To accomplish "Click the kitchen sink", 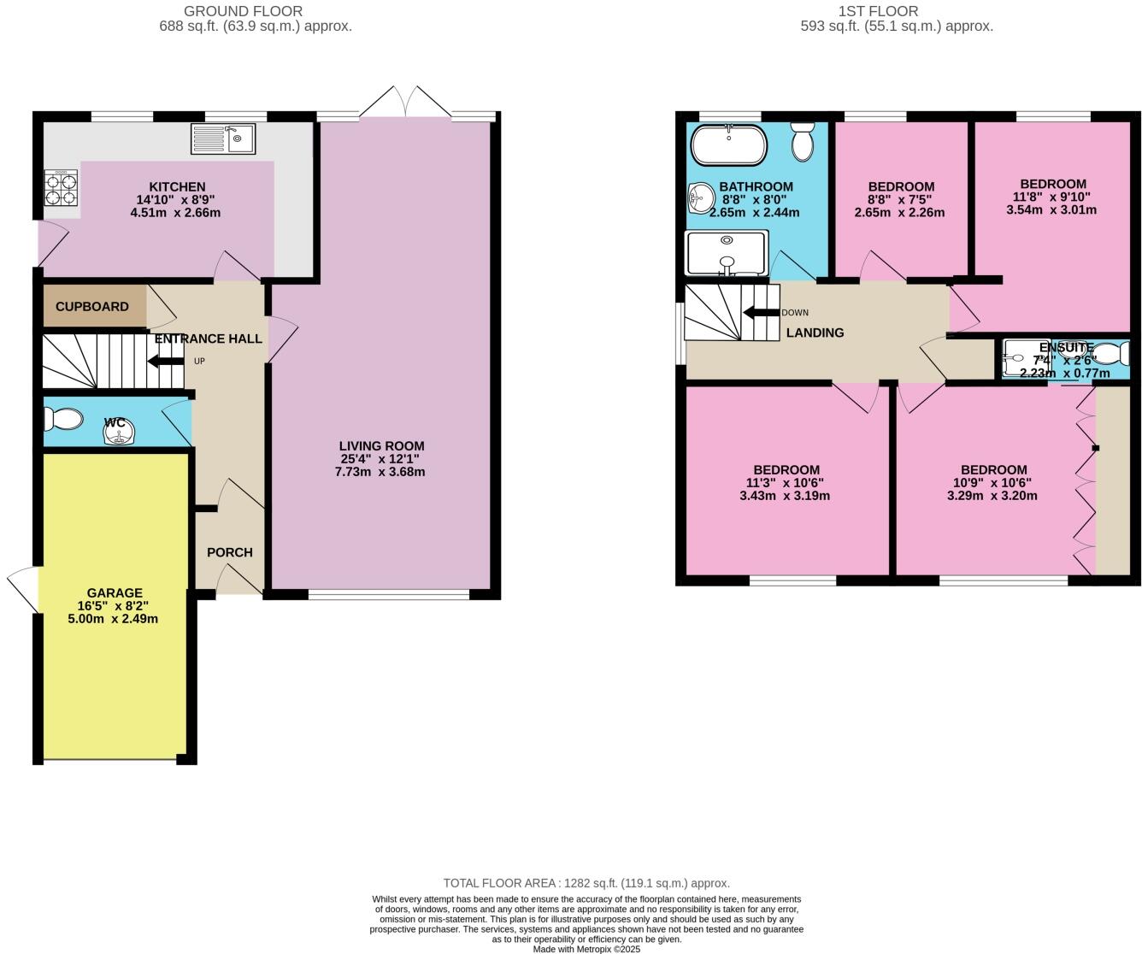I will [x=223, y=138].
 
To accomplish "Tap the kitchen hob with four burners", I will [x=61, y=188].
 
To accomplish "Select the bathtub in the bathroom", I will [x=727, y=145].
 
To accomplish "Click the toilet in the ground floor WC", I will [x=64, y=419].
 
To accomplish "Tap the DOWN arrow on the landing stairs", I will [x=760, y=312].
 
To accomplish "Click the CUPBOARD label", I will [x=92, y=307].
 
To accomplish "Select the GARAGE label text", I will [x=115, y=592].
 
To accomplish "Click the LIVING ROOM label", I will [x=381, y=445].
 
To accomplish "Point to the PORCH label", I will [x=230, y=552].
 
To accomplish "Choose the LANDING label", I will [x=815, y=333].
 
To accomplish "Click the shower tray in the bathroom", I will [x=727, y=253].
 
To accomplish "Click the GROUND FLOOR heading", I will [x=244, y=11].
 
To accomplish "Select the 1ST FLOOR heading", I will [x=879, y=11].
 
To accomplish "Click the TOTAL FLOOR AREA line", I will [x=586, y=883].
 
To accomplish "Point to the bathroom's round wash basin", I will [x=701, y=198].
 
